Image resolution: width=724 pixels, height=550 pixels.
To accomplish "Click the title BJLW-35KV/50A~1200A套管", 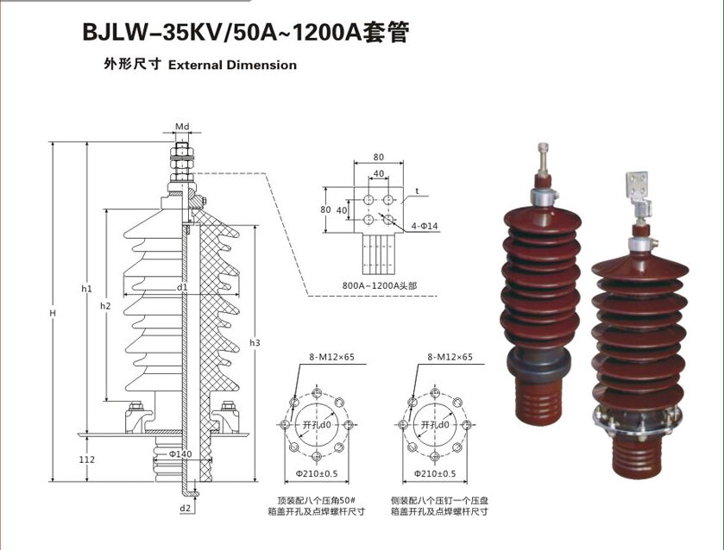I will pyautogui.click(x=242, y=34).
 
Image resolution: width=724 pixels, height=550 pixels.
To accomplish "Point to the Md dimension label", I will pyautogui.click(x=182, y=127).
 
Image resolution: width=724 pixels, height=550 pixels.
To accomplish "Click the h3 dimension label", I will pyautogui.click(x=255, y=343).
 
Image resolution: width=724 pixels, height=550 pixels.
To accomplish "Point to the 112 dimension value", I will pyautogui.click(x=85, y=459).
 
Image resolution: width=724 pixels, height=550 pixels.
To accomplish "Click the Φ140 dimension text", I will pyautogui.click(x=179, y=453).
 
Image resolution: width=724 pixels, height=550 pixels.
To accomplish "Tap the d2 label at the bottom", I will pyautogui.click(x=186, y=509).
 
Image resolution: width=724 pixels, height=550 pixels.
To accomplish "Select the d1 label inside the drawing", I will pyautogui.click(x=182, y=286).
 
